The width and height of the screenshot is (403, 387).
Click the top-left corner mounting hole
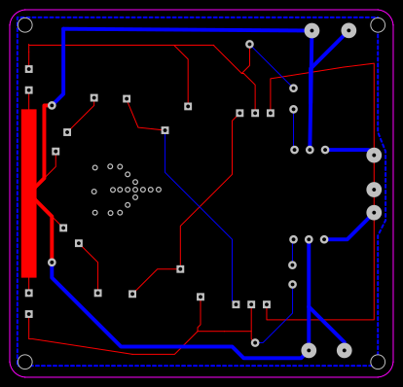24,25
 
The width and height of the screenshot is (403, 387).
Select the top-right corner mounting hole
378,25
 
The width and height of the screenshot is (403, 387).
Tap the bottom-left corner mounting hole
24,362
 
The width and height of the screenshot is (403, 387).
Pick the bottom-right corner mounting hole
378,362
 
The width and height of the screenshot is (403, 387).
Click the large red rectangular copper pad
28,193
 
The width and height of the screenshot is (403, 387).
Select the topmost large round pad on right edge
374,155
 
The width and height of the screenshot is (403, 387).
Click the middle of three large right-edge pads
374,190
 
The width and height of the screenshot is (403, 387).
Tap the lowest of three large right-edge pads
374,212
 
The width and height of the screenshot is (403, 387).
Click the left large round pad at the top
311,30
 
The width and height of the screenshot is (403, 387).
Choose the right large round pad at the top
348,30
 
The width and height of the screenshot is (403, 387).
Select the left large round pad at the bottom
309,350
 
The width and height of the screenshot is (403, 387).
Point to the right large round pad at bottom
344,350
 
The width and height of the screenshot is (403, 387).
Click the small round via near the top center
249,44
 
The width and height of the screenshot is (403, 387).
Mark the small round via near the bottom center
255,342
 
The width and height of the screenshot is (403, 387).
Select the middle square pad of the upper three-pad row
255,113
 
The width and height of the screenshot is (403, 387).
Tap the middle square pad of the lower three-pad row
251,304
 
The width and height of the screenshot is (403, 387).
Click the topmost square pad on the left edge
28,69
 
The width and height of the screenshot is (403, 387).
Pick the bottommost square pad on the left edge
28,314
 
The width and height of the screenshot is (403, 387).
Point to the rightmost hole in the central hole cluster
159,190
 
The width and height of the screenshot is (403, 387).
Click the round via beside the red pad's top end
52,105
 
